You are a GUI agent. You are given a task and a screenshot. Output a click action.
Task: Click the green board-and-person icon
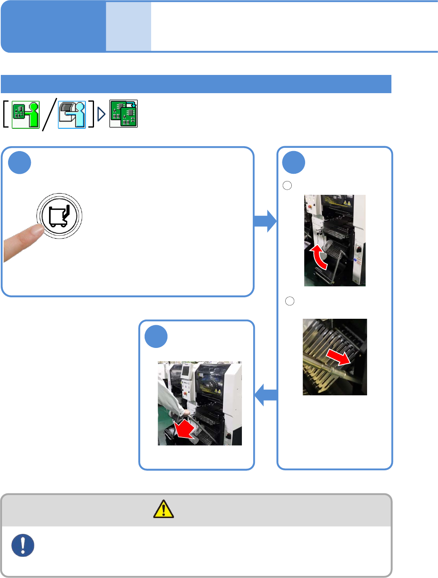(26, 115)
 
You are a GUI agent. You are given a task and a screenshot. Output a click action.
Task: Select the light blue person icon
(72, 115)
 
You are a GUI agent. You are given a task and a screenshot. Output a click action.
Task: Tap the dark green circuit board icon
(124, 114)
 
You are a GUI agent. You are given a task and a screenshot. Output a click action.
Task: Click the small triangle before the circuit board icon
(101, 114)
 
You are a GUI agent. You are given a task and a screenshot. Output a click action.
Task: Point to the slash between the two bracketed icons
(49, 115)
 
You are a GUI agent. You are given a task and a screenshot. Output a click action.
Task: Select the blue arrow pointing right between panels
(265, 221)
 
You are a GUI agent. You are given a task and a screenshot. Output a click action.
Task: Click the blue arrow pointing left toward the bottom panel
(266, 395)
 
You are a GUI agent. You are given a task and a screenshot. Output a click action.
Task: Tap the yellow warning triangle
(164, 509)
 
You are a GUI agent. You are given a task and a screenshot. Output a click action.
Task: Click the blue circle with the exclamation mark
(23, 545)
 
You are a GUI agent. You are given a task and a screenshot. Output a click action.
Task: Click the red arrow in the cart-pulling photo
(184, 430)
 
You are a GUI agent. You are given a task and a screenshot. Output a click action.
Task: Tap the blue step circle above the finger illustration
(19, 162)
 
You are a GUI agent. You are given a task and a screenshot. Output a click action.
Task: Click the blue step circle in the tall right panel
(293, 162)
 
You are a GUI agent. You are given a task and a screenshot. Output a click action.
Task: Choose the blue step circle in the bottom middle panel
(156, 336)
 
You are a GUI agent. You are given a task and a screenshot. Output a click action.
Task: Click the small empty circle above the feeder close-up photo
(290, 301)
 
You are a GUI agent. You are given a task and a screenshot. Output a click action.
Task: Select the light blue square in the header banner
(128, 26)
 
